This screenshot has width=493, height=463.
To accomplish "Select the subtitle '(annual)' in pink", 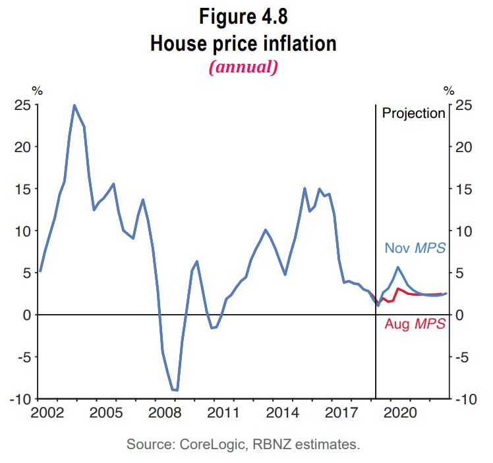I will click(x=243, y=67).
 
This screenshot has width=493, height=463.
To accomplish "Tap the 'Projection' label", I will click(x=414, y=113).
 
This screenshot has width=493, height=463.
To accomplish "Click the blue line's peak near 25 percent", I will click(x=74, y=105).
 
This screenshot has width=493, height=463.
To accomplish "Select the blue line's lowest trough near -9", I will click(x=175, y=390).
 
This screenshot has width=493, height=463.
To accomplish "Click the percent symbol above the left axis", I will click(x=36, y=90).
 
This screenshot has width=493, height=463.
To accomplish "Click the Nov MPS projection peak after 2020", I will click(x=398, y=267).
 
